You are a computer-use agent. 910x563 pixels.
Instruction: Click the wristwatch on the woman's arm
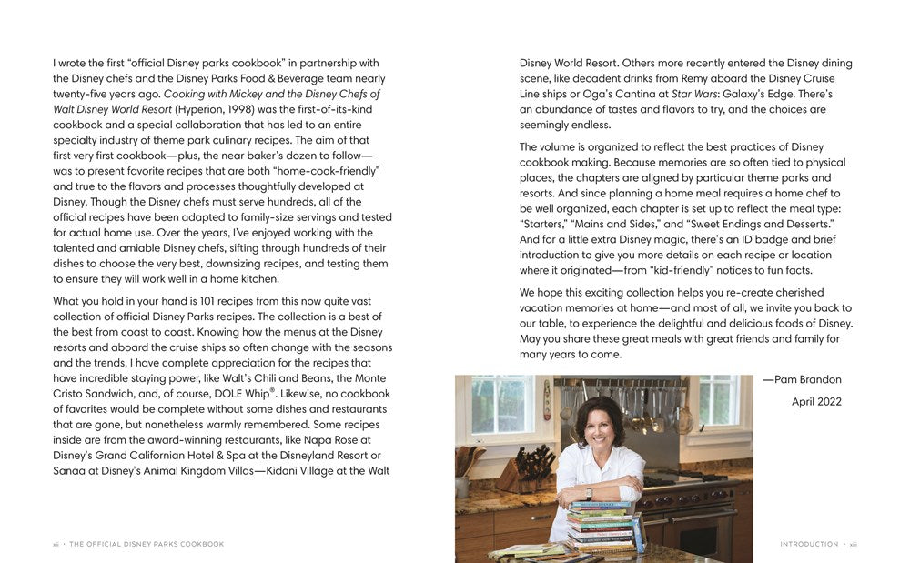(588, 494)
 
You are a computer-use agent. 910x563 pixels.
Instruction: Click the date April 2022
(816, 401)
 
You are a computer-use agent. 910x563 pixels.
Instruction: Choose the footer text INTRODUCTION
(809, 544)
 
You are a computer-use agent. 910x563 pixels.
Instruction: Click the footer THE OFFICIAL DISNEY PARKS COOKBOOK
(147, 544)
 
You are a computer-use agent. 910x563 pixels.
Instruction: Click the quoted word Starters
(547, 225)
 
